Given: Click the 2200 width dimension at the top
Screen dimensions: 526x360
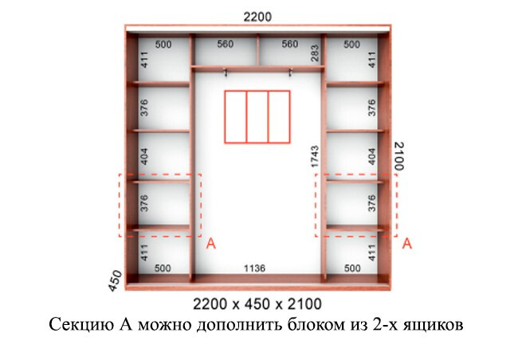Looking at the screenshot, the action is pos(257,17).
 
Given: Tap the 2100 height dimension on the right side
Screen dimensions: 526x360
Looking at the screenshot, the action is pos(398,156).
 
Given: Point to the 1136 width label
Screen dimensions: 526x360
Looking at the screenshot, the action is pos(254,268).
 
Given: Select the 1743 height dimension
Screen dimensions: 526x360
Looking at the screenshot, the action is pos(315,156).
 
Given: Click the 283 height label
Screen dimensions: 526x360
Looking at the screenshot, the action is pos(315,53).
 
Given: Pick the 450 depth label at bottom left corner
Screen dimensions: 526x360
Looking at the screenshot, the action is pos(115,280).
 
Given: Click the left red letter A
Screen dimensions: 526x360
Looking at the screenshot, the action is pos(210,244).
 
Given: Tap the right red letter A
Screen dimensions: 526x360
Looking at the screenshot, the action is pos(406,244).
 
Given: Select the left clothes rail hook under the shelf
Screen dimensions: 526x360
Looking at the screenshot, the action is pos(226,72).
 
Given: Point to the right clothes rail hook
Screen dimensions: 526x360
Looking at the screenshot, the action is pos(291,72).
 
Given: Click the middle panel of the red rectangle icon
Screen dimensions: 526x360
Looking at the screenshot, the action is pos(257,116).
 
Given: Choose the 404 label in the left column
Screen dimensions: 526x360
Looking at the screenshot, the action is pos(144,156).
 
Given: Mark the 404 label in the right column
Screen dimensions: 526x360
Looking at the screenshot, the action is pos(372,156).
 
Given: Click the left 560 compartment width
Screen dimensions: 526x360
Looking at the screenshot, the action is pos(225,44).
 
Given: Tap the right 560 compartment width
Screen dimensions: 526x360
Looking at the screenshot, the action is pos(289,44).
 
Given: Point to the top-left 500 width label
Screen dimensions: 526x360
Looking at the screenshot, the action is pos(163,45).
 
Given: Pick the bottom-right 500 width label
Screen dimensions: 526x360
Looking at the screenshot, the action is pos(352,268).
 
